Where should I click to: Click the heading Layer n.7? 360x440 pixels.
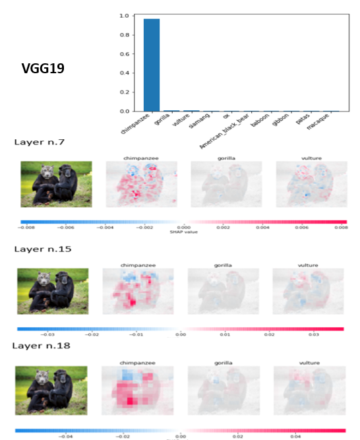tap(40, 142)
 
